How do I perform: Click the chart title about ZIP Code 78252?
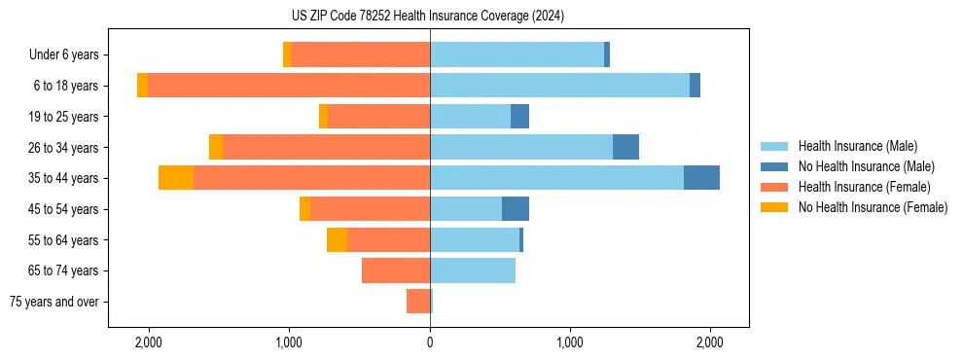[428, 16]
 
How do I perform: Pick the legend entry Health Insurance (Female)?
[864, 187]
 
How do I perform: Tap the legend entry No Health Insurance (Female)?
[872, 207]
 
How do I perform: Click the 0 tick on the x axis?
[430, 343]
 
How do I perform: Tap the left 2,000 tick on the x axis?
[149, 343]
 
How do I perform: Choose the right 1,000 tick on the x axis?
[570, 343]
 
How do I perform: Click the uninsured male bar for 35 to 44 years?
[701, 178]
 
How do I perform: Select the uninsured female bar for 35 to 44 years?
[176, 178]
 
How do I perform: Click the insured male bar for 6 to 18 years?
[559, 86]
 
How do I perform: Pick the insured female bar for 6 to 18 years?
[289, 86]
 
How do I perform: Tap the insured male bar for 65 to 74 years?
[473, 270]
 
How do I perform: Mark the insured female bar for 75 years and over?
[418, 302]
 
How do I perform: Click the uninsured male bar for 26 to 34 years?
[625, 147]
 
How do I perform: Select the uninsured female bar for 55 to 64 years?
[337, 239]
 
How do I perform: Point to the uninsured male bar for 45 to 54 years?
[516, 209]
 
